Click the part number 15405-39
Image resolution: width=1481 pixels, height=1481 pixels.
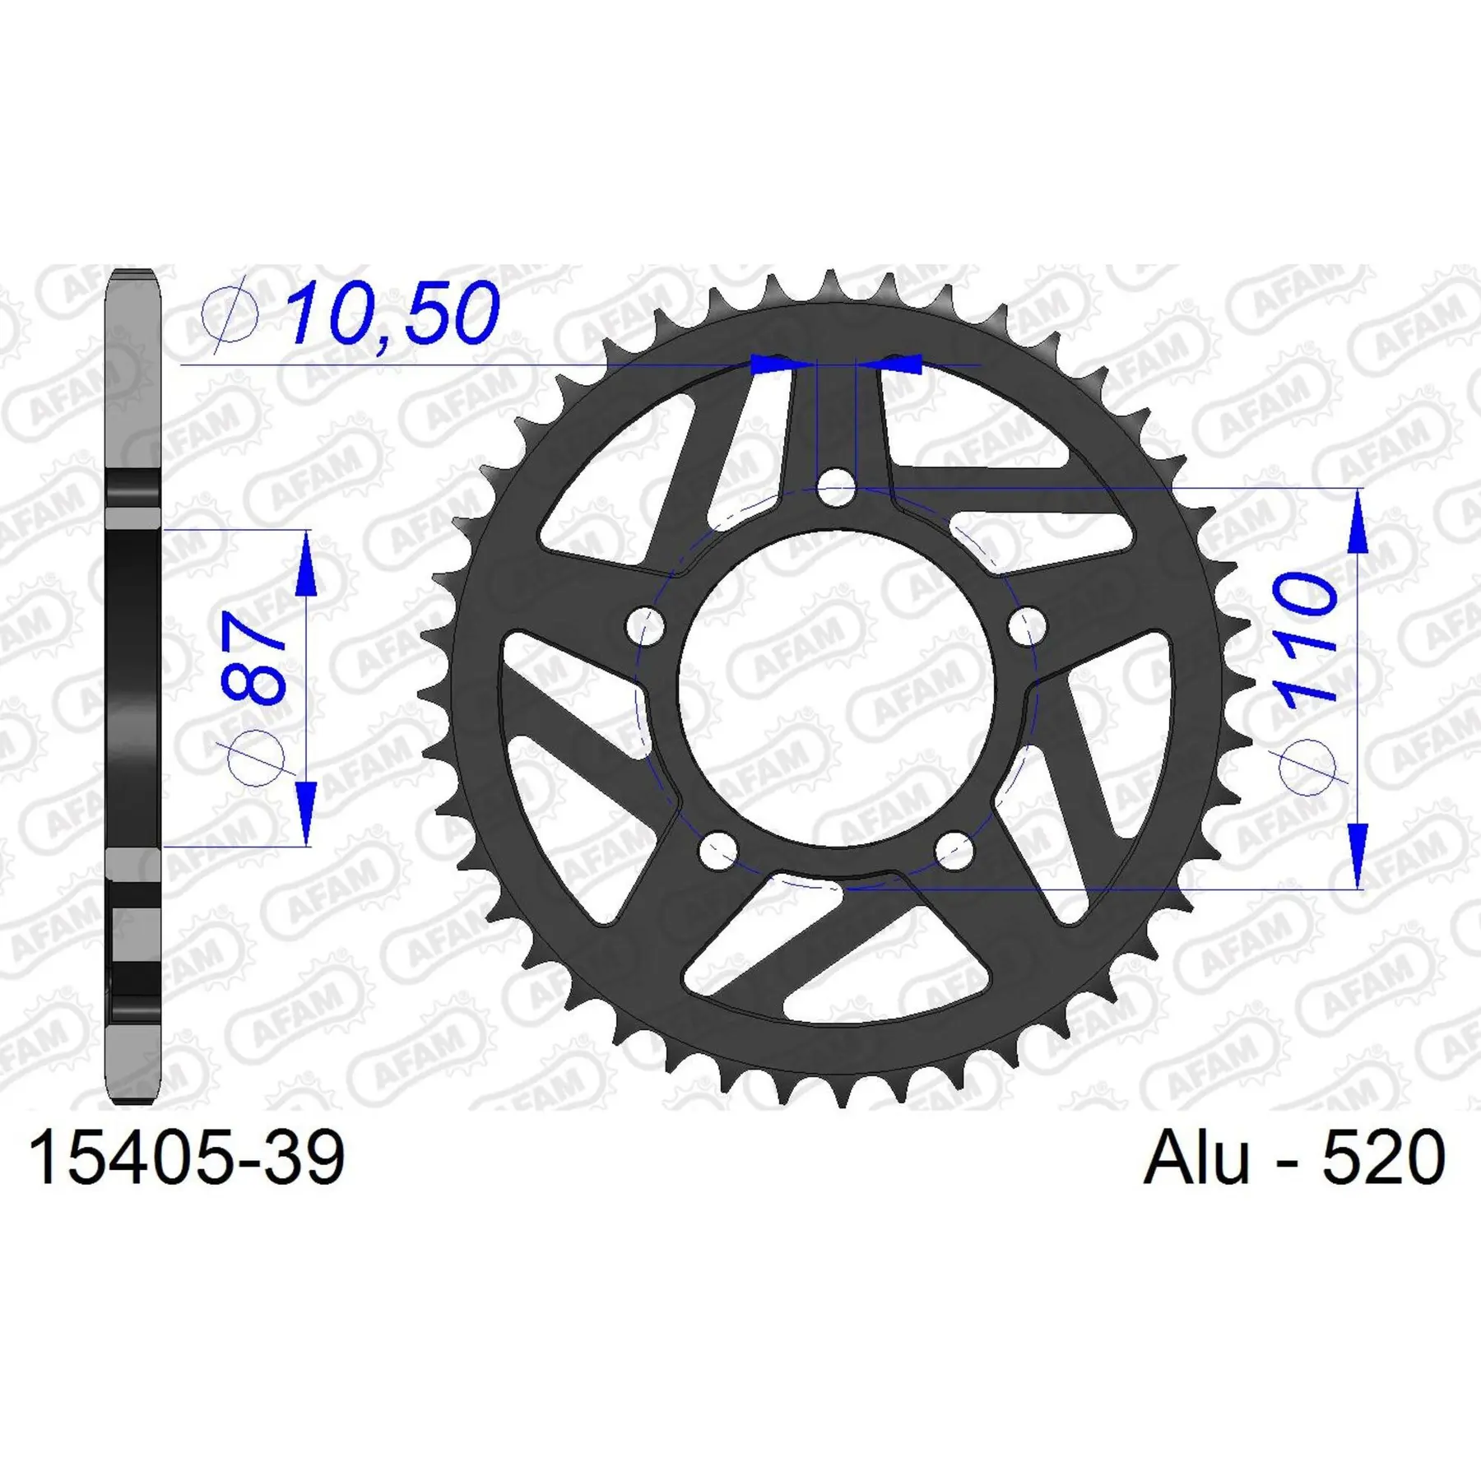point(187,1158)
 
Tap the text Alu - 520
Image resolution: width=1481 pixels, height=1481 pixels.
point(1294,1157)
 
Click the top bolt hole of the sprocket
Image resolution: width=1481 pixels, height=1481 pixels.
point(836,490)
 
